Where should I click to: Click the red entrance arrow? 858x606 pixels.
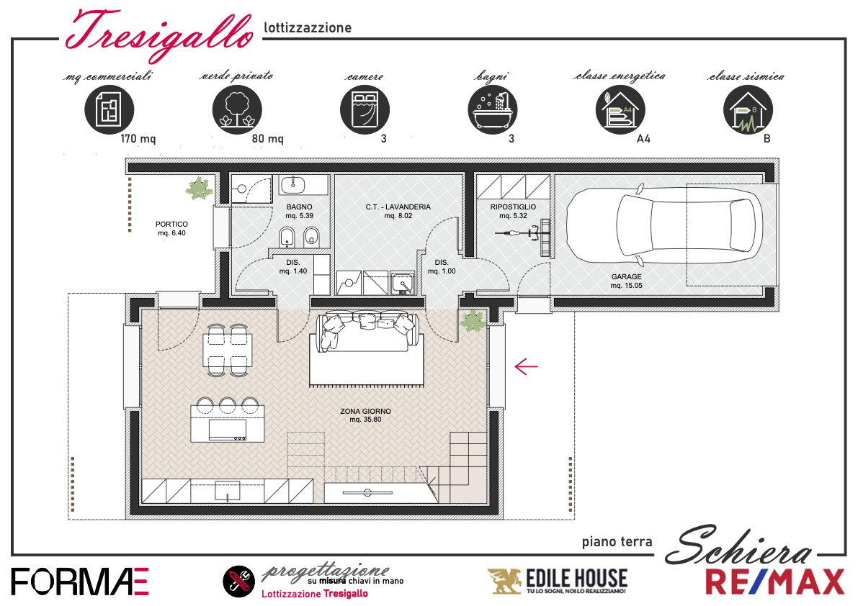527,366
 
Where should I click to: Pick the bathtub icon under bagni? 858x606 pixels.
493,109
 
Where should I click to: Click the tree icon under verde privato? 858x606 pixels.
237,109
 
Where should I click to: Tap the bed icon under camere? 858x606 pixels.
365,109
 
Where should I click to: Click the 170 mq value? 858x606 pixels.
138,139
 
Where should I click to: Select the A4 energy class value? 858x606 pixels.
643,139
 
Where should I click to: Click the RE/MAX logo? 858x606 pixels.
774,582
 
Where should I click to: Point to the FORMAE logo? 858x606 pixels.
80,582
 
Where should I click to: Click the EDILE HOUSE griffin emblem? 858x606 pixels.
504,581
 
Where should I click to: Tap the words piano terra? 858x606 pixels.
617,541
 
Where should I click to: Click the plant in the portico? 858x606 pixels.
199,189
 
